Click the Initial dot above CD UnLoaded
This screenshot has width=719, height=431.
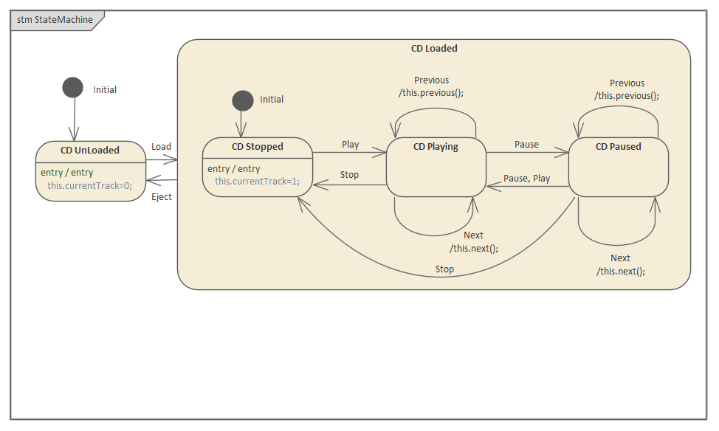(x=72, y=88)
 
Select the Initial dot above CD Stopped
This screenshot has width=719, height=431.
(x=242, y=100)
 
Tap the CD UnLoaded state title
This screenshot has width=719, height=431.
(x=90, y=150)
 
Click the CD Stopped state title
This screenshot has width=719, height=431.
(x=257, y=146)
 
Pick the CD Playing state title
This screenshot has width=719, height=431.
(x=436, y=146)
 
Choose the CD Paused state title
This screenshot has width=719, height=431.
(x=618, y=146)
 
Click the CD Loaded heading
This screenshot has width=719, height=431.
(x=434, y=49)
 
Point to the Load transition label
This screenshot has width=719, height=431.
(x=161, y=146)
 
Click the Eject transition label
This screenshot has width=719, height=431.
(x=161, y=196)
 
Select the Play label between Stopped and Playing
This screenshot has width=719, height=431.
(x=350, y=144)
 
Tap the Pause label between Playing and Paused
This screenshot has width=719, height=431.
(x=526, y=144)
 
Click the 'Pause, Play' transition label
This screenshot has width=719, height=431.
(x=526, y=178)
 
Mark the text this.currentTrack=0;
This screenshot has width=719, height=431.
(x=89, y=185)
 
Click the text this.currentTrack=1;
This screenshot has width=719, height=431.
(x=257, y=181)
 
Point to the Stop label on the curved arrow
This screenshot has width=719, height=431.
(x=444, y=269)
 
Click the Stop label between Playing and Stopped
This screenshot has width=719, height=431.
(x=349, y=175)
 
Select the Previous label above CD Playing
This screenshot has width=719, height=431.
(x=431, y=80)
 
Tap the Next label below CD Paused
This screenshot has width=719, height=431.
(x=620, y=258)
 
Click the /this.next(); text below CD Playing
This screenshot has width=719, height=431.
(x=473, y=248)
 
